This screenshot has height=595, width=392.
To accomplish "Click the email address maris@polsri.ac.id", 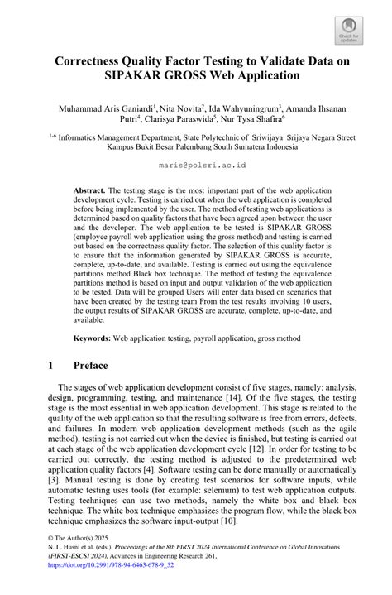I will [x=196, y=166].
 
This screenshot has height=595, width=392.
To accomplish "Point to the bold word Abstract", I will [x=91, y=190].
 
